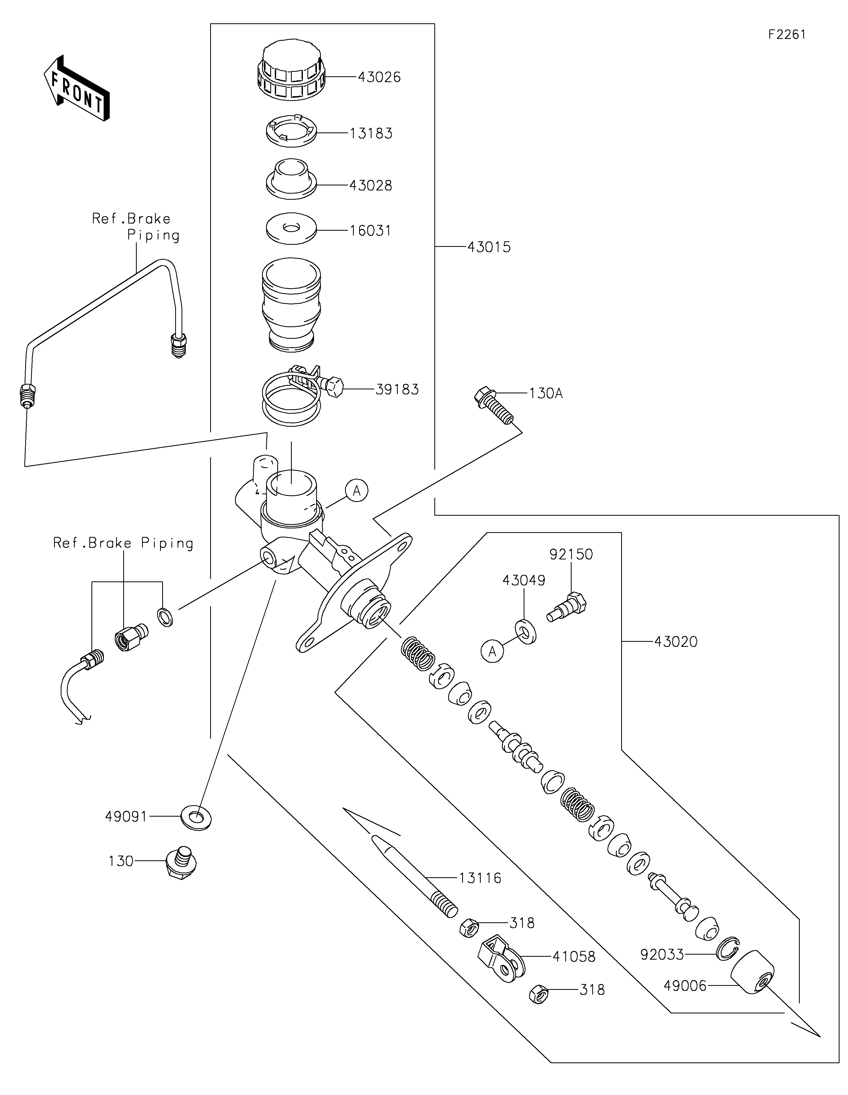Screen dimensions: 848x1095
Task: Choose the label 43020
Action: pos(675,642)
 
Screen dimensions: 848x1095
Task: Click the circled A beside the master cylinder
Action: pos(356,491)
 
